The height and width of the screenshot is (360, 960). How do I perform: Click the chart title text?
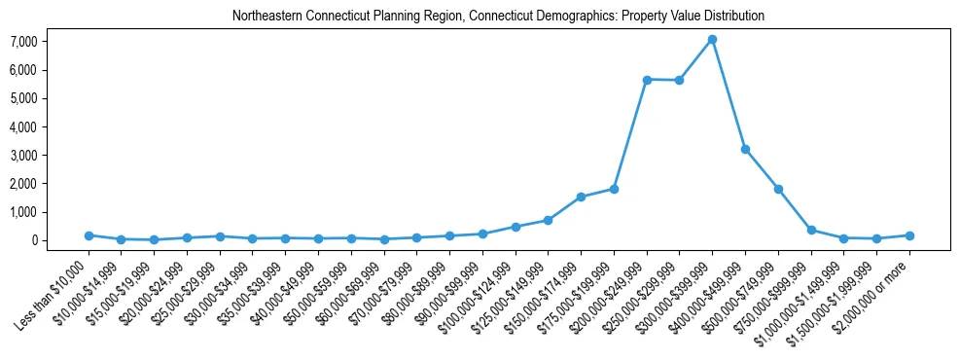(498, 16)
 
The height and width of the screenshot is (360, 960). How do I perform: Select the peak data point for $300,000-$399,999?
(712, 39)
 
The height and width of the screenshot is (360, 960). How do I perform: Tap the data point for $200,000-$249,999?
(647, 79)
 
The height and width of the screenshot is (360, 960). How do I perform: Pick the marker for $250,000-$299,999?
(679, 80)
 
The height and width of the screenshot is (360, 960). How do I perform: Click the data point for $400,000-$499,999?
(745, 149)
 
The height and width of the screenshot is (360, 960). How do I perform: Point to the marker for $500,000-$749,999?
(778, 189)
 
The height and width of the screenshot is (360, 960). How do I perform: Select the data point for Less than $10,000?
(89, 235)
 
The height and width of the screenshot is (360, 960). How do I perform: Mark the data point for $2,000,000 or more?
(909, 235)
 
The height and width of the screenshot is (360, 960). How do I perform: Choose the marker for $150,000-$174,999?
(581, 197)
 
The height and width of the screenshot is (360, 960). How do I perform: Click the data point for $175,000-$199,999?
(614, 189)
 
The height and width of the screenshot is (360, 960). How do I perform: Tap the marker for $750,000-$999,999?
(811, 230)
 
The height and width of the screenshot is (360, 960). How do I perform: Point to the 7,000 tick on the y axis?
(51, 42)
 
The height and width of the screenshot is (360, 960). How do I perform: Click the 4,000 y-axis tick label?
(51, 126)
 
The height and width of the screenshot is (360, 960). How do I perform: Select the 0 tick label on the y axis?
(60, 240)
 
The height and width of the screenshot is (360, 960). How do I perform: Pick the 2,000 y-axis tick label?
(51, 184)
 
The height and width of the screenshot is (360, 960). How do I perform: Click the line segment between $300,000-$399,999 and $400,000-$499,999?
(729, 94)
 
